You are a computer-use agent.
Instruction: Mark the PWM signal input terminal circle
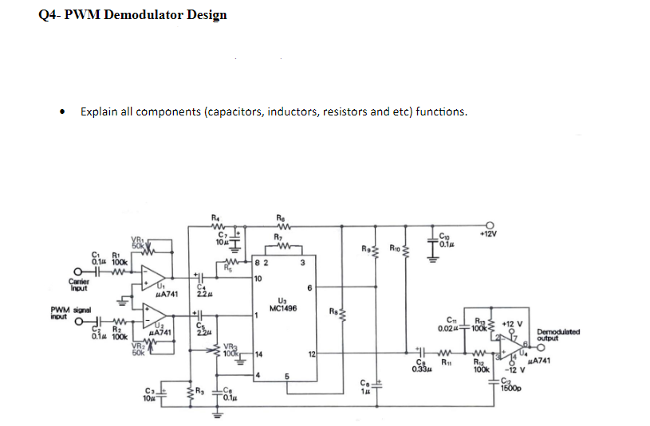coord(78,322)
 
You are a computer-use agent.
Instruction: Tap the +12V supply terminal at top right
coord(492,225)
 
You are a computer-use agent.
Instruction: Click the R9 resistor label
coord(364,248)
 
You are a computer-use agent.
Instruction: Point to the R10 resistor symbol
coord(405,252)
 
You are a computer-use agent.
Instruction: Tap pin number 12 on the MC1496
coord(313,353)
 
